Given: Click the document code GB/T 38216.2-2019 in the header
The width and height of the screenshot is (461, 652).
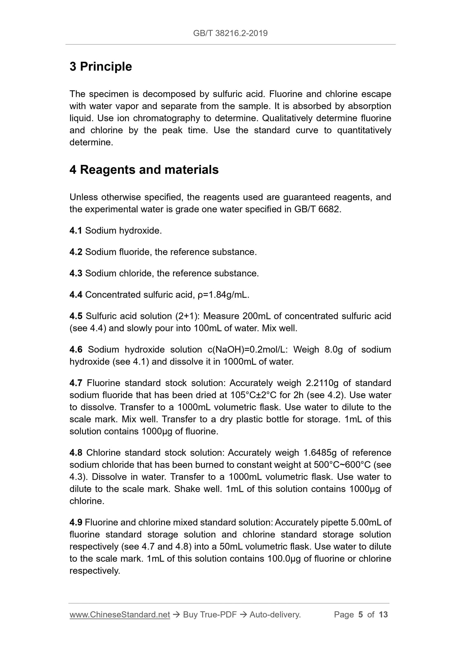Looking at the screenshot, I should pyautogui.click(x=230, y=33).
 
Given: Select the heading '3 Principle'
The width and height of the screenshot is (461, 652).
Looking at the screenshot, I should pyautogui.click(x=100, y=67).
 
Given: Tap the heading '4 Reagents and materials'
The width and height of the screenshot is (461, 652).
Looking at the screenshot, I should pyautogui.click(x=144, y=170).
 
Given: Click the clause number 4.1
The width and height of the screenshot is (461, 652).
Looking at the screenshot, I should pyautogui.click(x=76, y=231).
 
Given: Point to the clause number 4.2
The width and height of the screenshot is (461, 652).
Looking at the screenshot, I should pyautogui.click(x=76, y=252).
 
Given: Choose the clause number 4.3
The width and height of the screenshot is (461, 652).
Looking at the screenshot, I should pyautogui.click(x=76, y=273).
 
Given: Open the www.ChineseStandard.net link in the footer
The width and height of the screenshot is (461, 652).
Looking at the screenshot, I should pyautogui.click(x=120, y=615).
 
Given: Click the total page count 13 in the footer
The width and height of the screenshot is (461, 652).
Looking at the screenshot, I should pyautogui.click(x=383, y=615).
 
